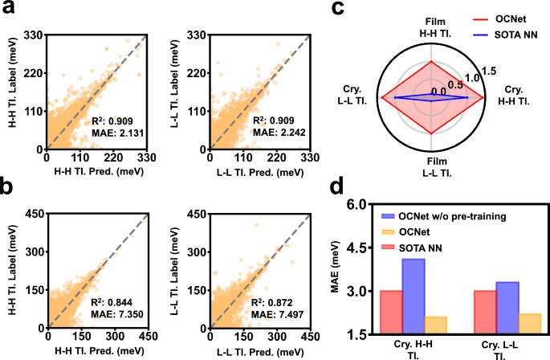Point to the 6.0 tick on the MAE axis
click(x=356, y=206)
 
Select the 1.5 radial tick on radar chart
click(x=489, y=72)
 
